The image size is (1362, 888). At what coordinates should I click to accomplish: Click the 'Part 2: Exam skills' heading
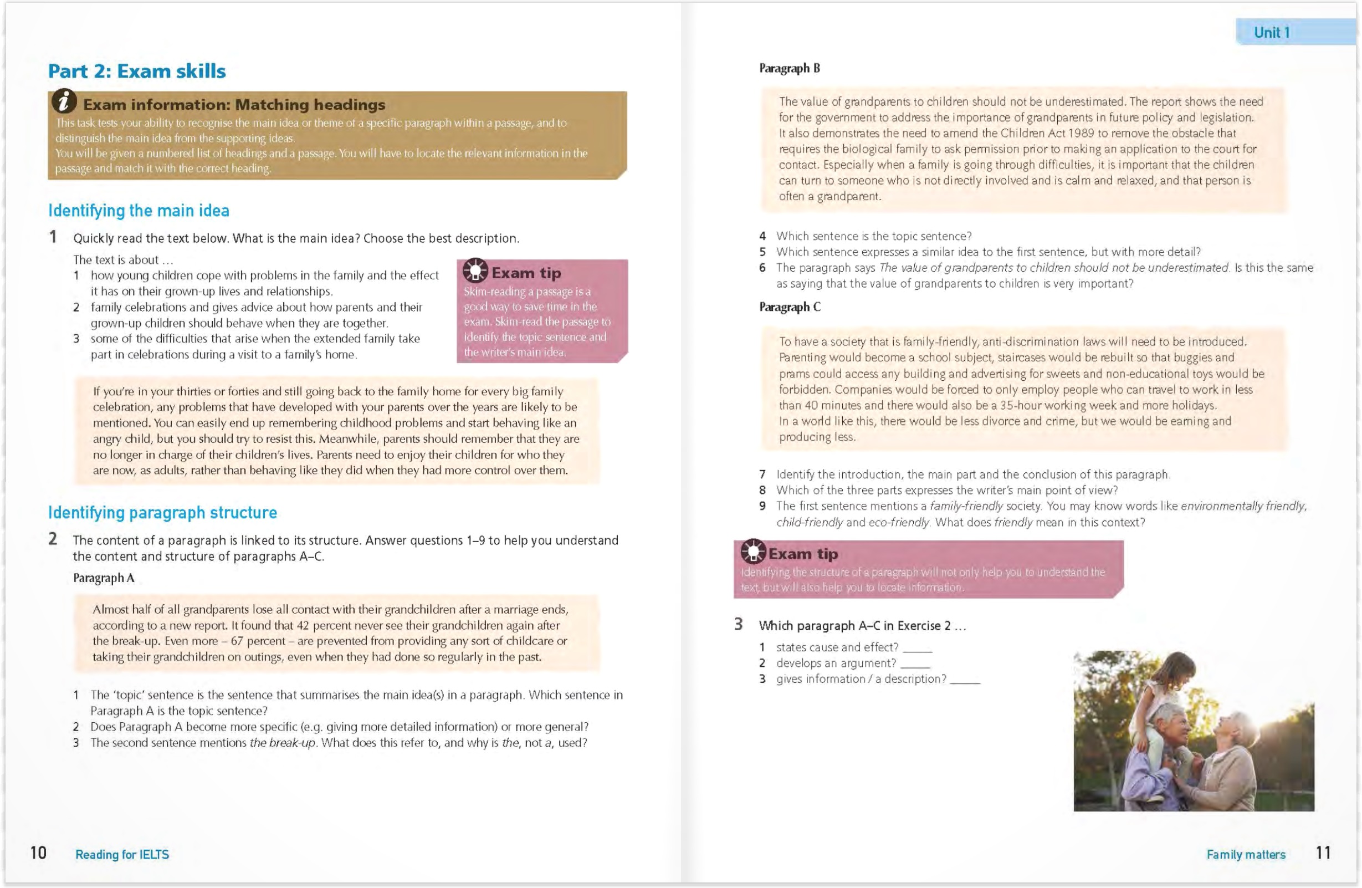tap(137, 71)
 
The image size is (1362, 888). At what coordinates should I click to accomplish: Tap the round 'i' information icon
tap(64, 101)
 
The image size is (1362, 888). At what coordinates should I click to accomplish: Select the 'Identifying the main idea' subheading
tap(139, 211)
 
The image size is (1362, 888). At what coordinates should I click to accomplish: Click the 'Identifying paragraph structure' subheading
tap(162, 512)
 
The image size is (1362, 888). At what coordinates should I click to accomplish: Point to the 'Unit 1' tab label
tap(1272, 33)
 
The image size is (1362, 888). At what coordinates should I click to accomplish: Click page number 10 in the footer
tap(38, 853)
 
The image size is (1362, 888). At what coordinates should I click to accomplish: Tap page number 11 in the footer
tap(1323, 853)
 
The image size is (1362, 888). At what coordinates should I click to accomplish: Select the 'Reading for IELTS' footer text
tap(122, 855)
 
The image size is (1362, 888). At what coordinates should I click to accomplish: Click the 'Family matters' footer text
tap(1246, 855)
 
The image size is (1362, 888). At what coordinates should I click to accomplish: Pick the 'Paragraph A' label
tap(104, 578)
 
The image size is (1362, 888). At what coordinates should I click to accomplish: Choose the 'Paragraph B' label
tap(789, 69)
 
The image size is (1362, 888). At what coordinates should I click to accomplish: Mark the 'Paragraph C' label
tap(790, 308)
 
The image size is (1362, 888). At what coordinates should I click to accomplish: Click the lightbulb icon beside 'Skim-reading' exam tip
tap(475, 271)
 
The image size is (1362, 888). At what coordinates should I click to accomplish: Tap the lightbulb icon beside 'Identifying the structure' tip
tap(752, 552)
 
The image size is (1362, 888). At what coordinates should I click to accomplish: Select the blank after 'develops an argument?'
tap(914, 664)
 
